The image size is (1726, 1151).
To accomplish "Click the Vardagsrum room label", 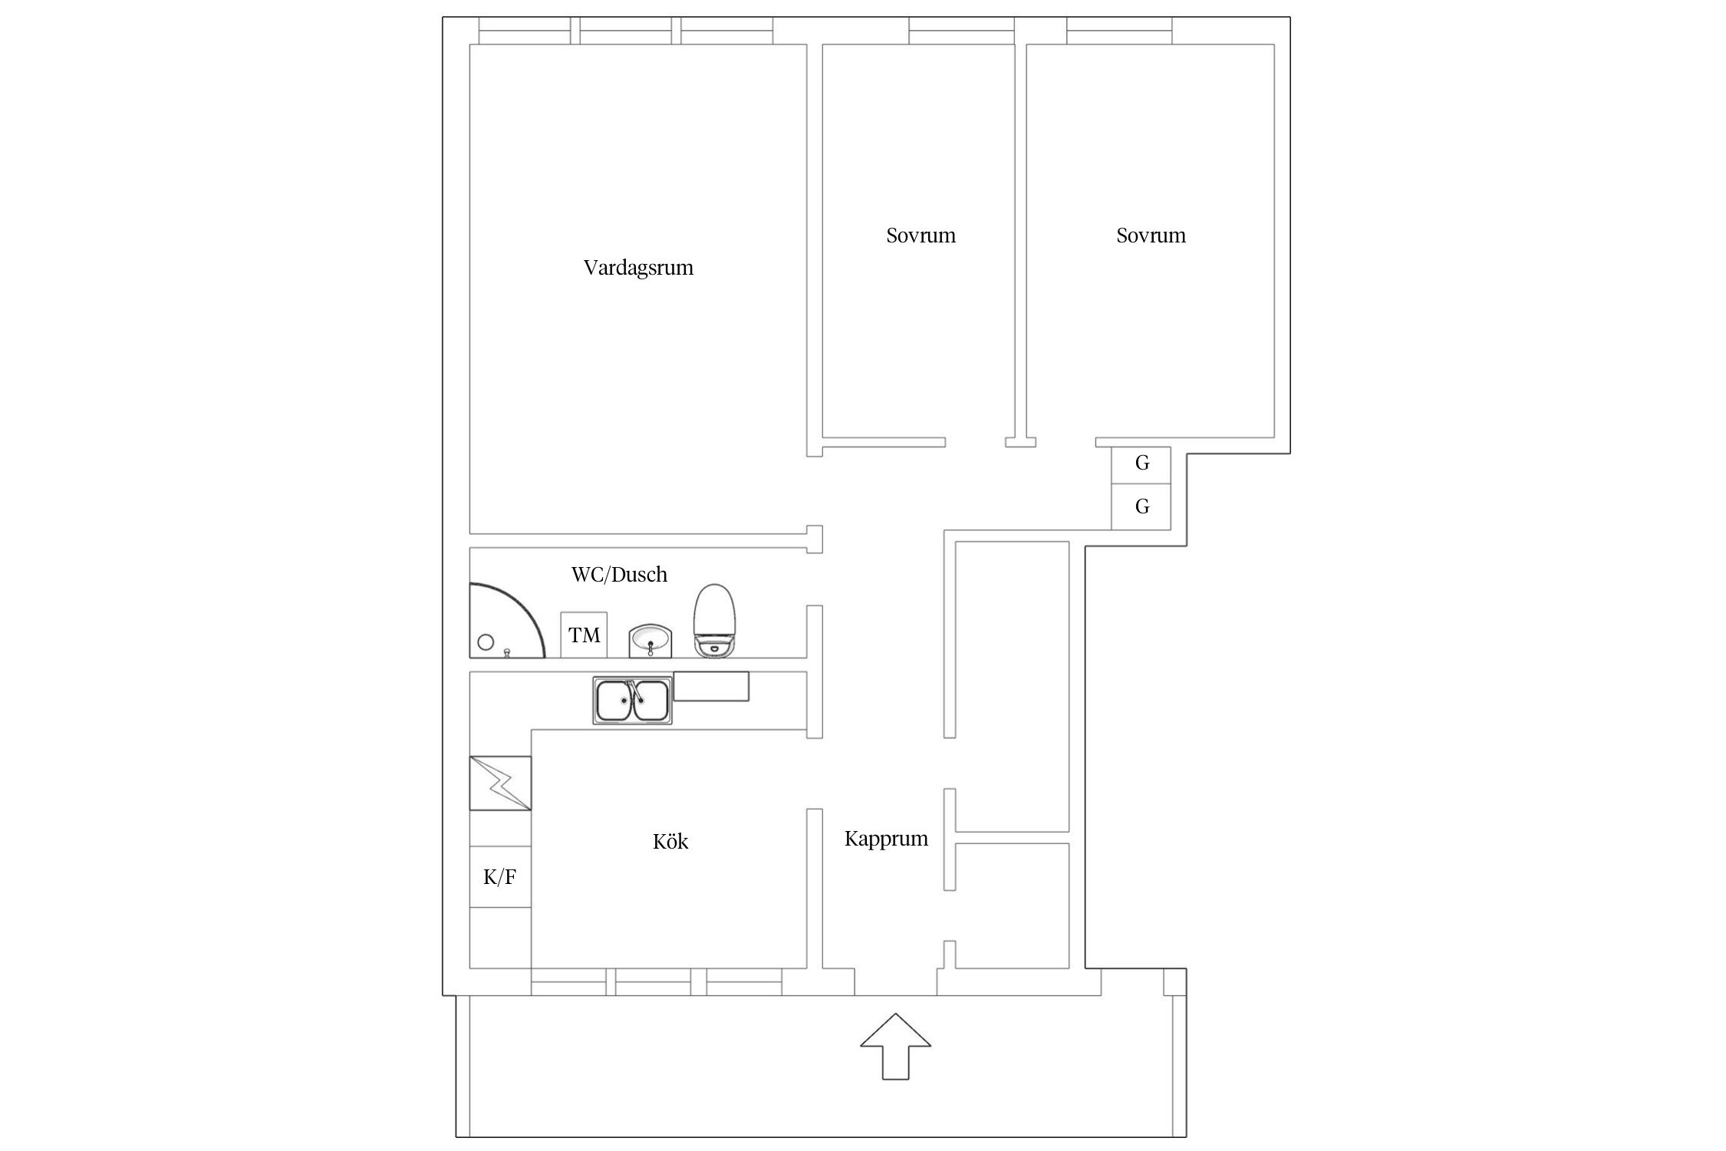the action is coord(638,268).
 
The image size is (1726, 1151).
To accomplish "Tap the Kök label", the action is coord(670,841).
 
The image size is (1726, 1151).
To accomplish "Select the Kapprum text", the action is coord(886,839).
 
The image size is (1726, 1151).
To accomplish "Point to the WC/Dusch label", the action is coord(619,575).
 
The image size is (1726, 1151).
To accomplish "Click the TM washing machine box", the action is coord(584,635).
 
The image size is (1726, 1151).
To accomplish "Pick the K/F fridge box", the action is coord(500,877).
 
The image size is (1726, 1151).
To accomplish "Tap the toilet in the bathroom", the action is coord(715,621).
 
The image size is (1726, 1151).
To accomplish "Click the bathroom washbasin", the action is coord(651,641).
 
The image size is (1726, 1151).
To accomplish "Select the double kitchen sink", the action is coord(632,701).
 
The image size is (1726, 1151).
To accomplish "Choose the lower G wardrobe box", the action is coord(1141,506).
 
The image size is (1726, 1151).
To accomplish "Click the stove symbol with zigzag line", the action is coord(500,783).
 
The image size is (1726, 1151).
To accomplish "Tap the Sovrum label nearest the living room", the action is coord(921,236).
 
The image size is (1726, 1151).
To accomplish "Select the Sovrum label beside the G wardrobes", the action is coord(1151,236).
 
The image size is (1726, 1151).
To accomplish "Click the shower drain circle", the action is coord(486,642).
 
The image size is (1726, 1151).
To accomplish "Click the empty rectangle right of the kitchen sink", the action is coord(711,686).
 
